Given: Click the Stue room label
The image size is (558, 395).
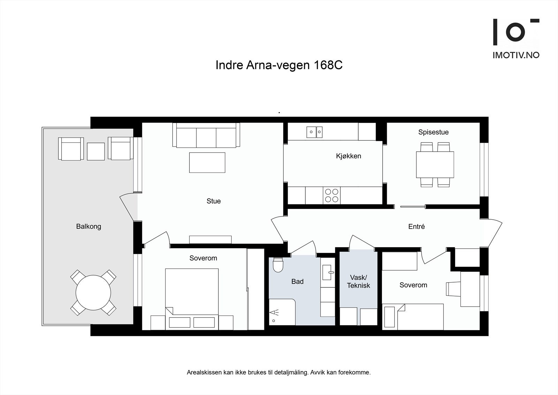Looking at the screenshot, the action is (213, 201).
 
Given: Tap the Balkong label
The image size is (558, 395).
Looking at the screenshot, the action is (89, 227).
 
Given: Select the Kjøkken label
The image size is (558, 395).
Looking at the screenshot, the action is (348, 156).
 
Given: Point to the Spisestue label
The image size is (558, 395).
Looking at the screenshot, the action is (433, 132).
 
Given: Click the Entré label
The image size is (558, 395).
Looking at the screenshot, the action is (416, 227).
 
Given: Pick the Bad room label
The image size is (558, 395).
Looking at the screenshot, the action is (297, 281).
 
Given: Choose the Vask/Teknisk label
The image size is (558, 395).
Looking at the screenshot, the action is (359, 281).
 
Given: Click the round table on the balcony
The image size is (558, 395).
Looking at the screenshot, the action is (93, 292).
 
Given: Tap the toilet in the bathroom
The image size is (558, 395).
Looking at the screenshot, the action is (278, 265).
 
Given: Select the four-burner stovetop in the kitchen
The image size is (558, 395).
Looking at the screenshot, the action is (332, 195).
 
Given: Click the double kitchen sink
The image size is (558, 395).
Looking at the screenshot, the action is (314, 132).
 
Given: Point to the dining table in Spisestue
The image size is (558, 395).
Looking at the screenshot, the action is (435, 165).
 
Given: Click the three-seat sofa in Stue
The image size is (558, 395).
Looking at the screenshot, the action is (206, 135).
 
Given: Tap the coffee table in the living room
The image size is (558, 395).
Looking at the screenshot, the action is (207, 163).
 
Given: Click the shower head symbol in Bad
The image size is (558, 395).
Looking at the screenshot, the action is (274, 312).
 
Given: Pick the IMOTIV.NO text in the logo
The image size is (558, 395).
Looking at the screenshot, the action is (516, 55).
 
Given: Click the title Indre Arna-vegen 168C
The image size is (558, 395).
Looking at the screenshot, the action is (279, 65).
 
